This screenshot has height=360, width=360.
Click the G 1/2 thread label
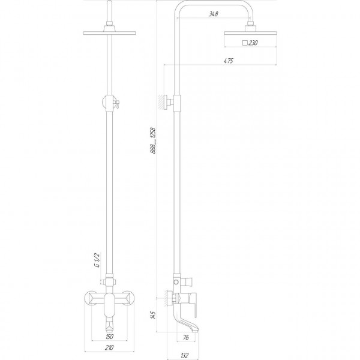[95, 262]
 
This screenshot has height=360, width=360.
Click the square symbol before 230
[245, 43]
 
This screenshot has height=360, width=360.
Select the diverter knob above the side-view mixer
[189, 281]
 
